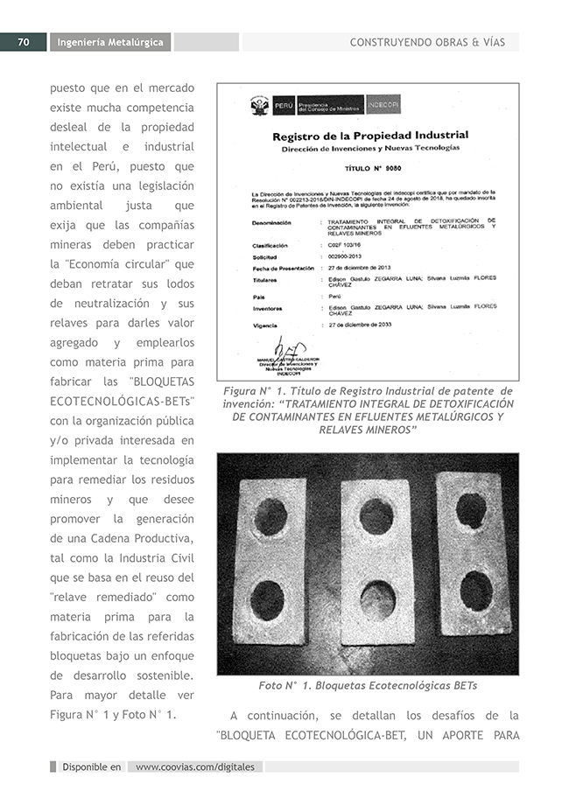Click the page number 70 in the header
(24, 42)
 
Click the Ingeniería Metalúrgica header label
(109, 42)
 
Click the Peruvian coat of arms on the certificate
(260, 107)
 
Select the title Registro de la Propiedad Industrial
(369, 136)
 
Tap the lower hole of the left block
(267, 600)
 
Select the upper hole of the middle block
(376, 516)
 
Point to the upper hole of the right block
(470, 510)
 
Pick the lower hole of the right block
(475, 591)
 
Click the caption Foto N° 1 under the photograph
(368, 685)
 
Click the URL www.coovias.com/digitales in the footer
(195, 767)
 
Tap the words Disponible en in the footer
(91, 767)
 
